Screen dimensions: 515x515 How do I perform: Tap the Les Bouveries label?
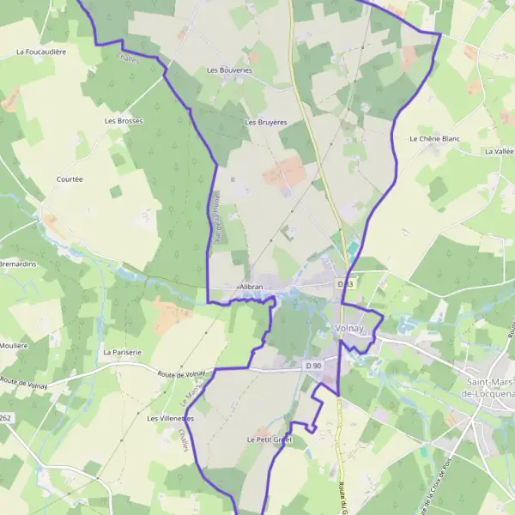pyautogui.click(x=229, y=70)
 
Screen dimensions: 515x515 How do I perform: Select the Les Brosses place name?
pyautogui.click(x=124, y=121)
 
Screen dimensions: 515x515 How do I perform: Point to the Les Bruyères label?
pyautogui.click(x=265, y=123)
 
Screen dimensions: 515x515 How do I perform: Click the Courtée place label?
pyautogui.click(x=70, y=179)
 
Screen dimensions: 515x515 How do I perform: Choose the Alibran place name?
pyautogui.click(x=251, y=287)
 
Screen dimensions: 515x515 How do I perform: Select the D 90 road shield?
pyautogui.click(x=312, y=366)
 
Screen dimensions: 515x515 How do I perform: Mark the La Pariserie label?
pyautogui.click(x=121, y=353)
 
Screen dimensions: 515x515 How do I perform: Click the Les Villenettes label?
pyautogui.click(x=171, y=419)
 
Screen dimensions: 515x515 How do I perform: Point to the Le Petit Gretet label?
pyautogui.click(x=270, y=439)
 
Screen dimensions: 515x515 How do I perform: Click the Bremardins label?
pyautogui.click(x=18, y=264)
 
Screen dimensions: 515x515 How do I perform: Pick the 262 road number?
pyautogui.click(x=6, y=418)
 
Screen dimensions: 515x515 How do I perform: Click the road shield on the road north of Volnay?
pyautogui.click(x=345, y=283)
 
